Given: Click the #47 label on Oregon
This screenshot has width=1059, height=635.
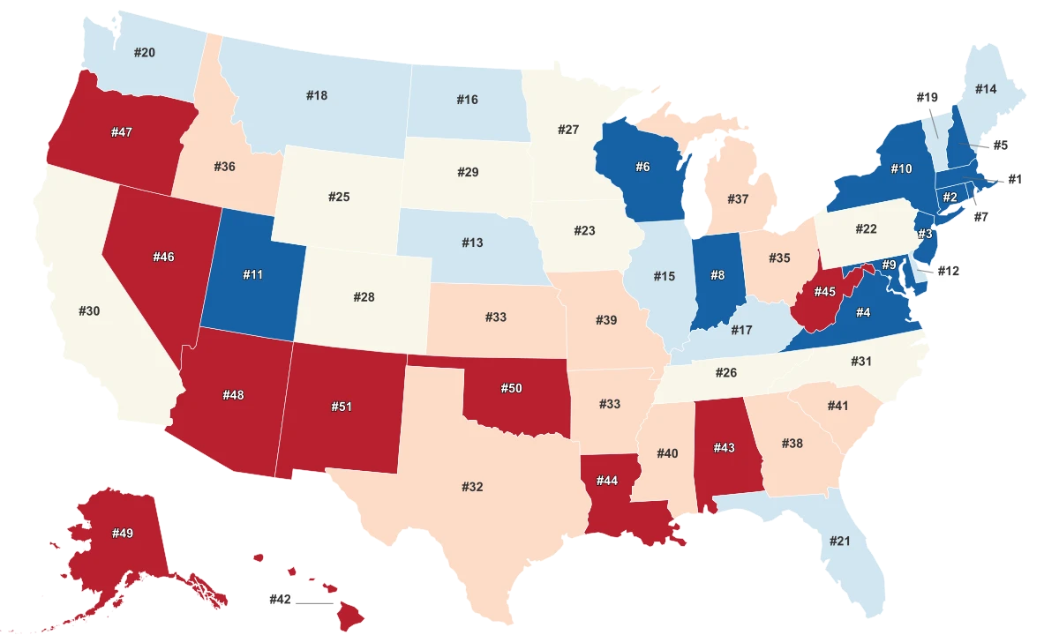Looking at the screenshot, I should point(122,132).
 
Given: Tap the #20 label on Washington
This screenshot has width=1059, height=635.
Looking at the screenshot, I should point(145,53).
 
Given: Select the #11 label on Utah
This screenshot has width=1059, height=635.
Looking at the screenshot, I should point(252,275).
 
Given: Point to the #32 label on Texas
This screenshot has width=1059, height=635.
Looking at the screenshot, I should point(472,487).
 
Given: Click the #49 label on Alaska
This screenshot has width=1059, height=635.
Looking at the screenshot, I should point(122,533).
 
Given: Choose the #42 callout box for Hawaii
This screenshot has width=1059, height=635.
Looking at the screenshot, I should point(280,600).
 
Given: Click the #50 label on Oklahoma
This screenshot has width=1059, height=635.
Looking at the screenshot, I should point(512,389).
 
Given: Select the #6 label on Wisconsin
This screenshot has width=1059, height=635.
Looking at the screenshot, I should point(642,167).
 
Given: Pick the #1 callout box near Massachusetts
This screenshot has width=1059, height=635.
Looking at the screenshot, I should point(1014,179).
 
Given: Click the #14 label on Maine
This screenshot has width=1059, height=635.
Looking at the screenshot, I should point(986,89).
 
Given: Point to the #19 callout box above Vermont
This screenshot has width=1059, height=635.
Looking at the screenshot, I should point(926,98).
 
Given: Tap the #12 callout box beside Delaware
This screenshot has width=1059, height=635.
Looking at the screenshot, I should point(947,271).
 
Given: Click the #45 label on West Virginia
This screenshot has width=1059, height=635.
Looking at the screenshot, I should point(824,292).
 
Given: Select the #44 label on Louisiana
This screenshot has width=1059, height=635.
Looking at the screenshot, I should point(606,481).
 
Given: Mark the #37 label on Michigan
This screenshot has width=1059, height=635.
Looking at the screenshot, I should point(738,199).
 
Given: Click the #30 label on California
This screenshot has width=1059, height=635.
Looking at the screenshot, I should point(89,310).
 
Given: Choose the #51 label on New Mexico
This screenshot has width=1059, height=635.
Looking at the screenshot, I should point(342,407).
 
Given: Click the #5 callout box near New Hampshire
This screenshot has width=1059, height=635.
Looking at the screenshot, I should point(1000,146).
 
